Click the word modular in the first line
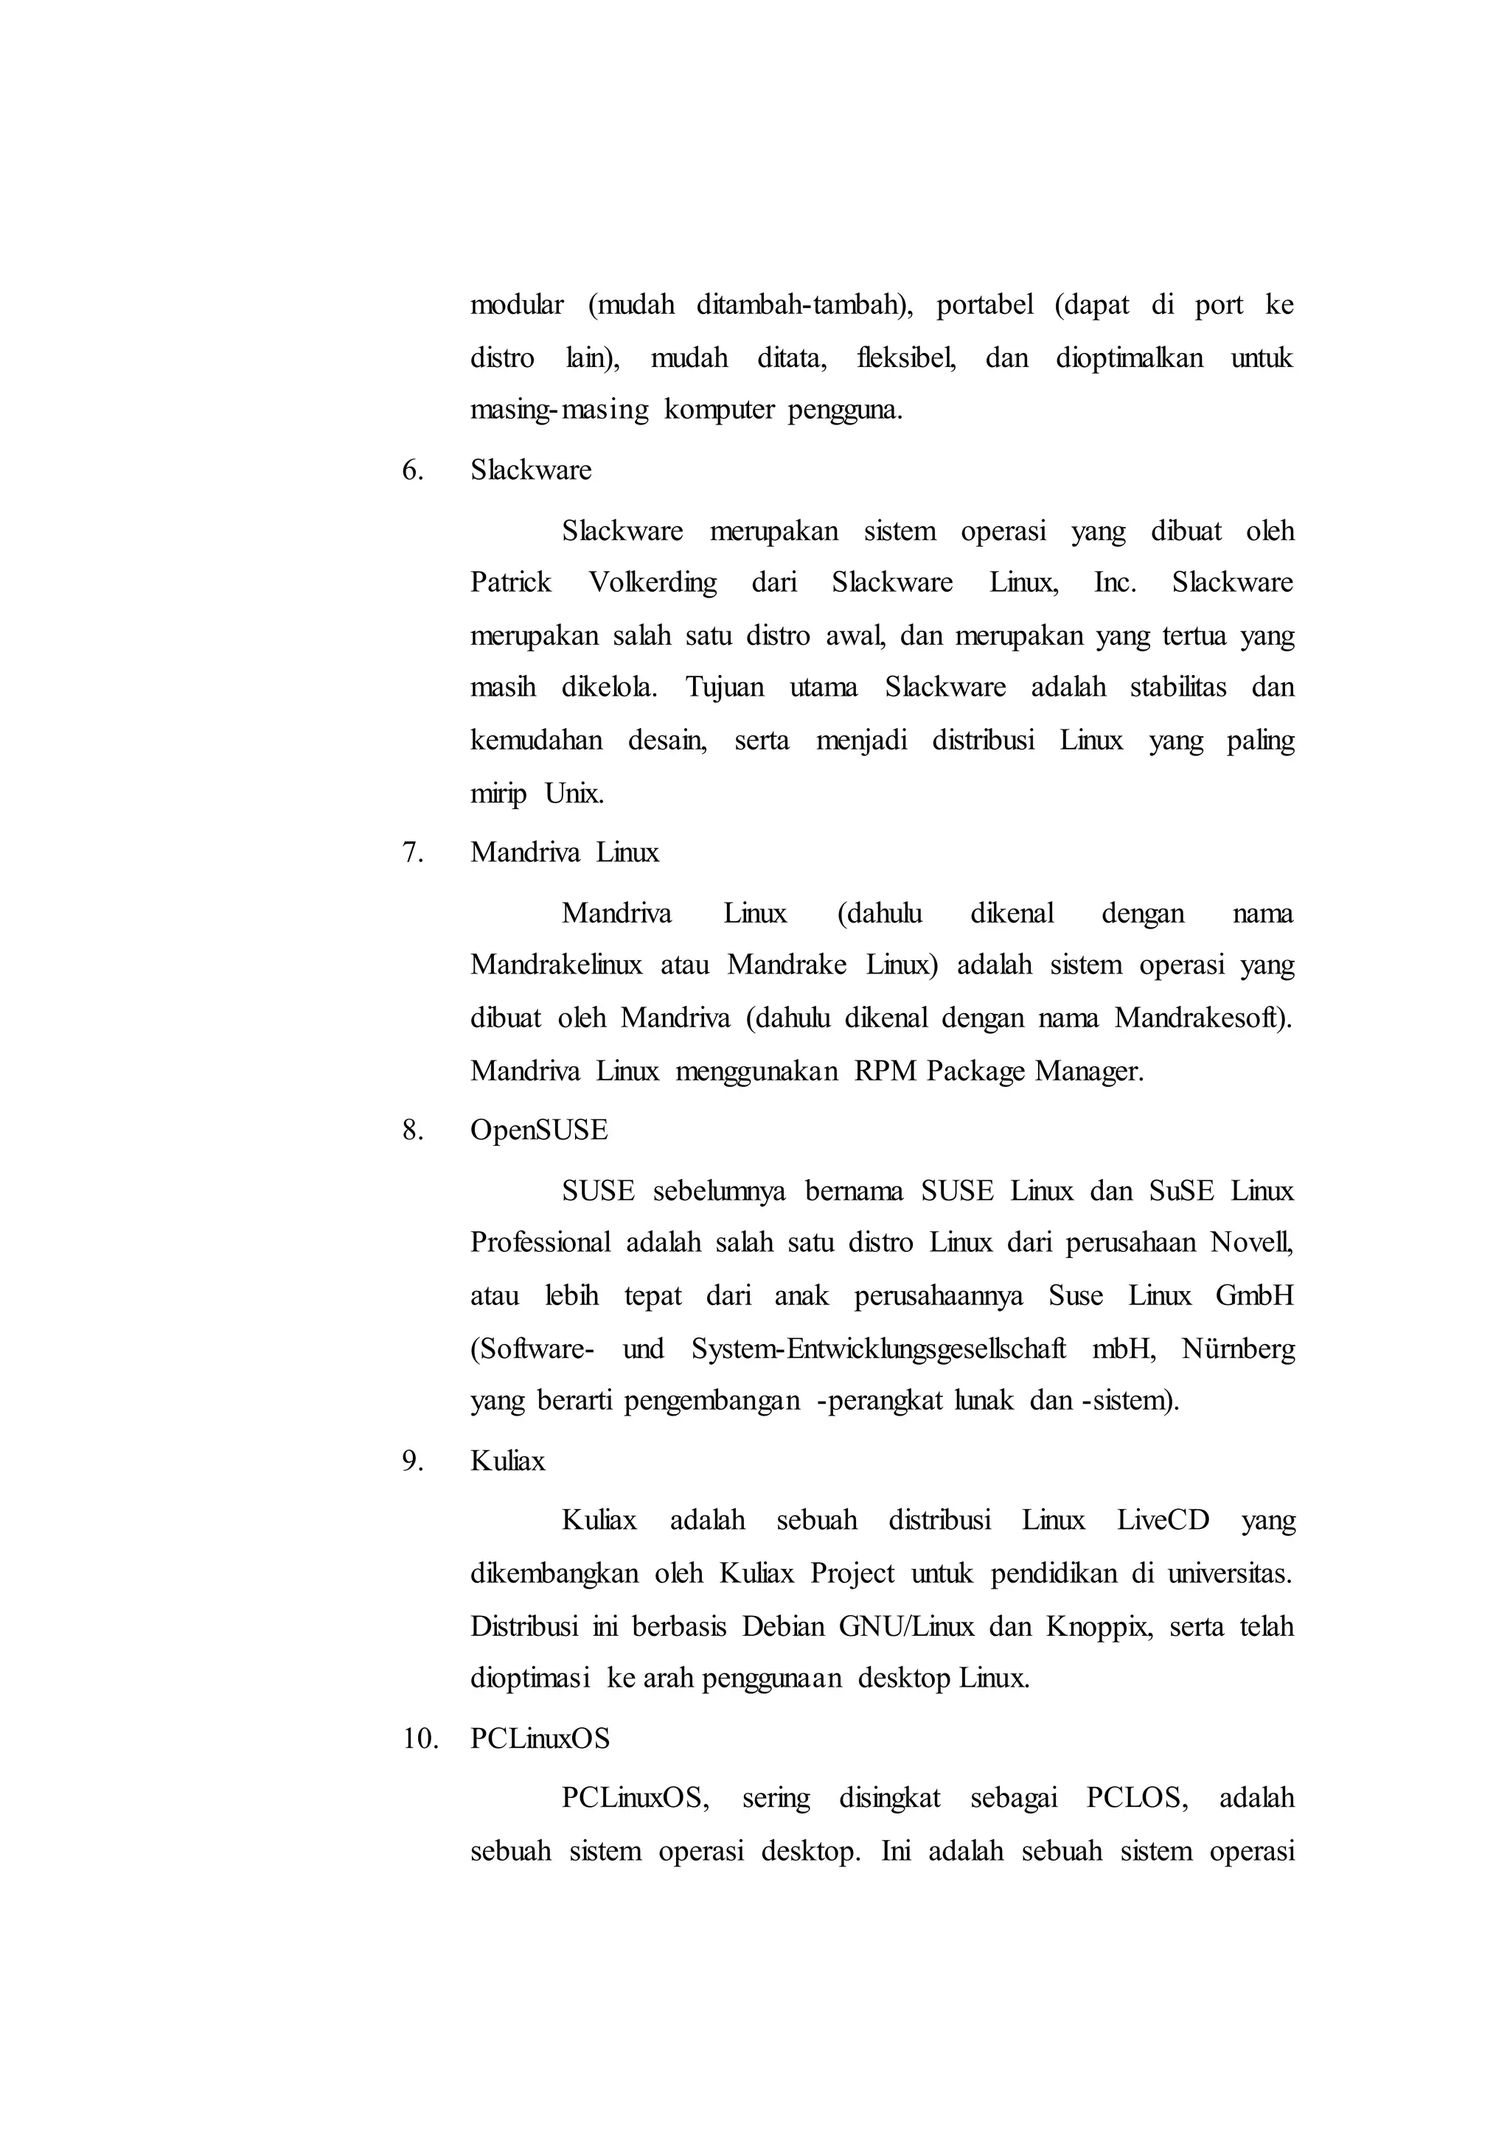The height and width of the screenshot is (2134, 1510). (516, 305)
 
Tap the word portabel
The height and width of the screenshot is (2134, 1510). (984, 305)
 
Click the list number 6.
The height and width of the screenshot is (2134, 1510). (412, 470)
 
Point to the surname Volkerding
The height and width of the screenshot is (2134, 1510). (653, 583)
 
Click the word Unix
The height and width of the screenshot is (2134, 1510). (574, 794)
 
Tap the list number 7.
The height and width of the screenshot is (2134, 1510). (412, 853)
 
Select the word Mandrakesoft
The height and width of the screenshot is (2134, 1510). (1203, 1018)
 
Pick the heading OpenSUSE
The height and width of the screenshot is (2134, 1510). (538, 1130)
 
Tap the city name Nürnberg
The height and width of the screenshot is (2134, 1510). (1238, 1348)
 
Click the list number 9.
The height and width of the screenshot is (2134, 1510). (412, 1461)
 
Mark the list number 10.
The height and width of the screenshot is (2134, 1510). (420, 1739)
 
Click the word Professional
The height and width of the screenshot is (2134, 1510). (540, 1242)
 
